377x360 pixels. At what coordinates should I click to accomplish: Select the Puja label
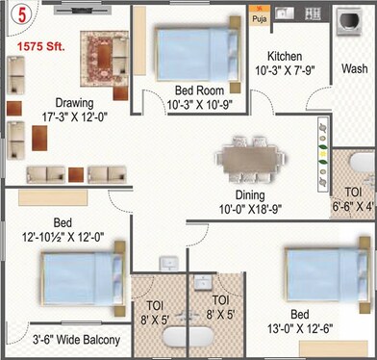click(x=258, y=17)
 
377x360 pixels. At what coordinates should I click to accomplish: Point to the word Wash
click(x=355, y=69)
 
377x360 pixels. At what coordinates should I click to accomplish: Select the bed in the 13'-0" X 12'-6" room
click(x=323, y=275)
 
